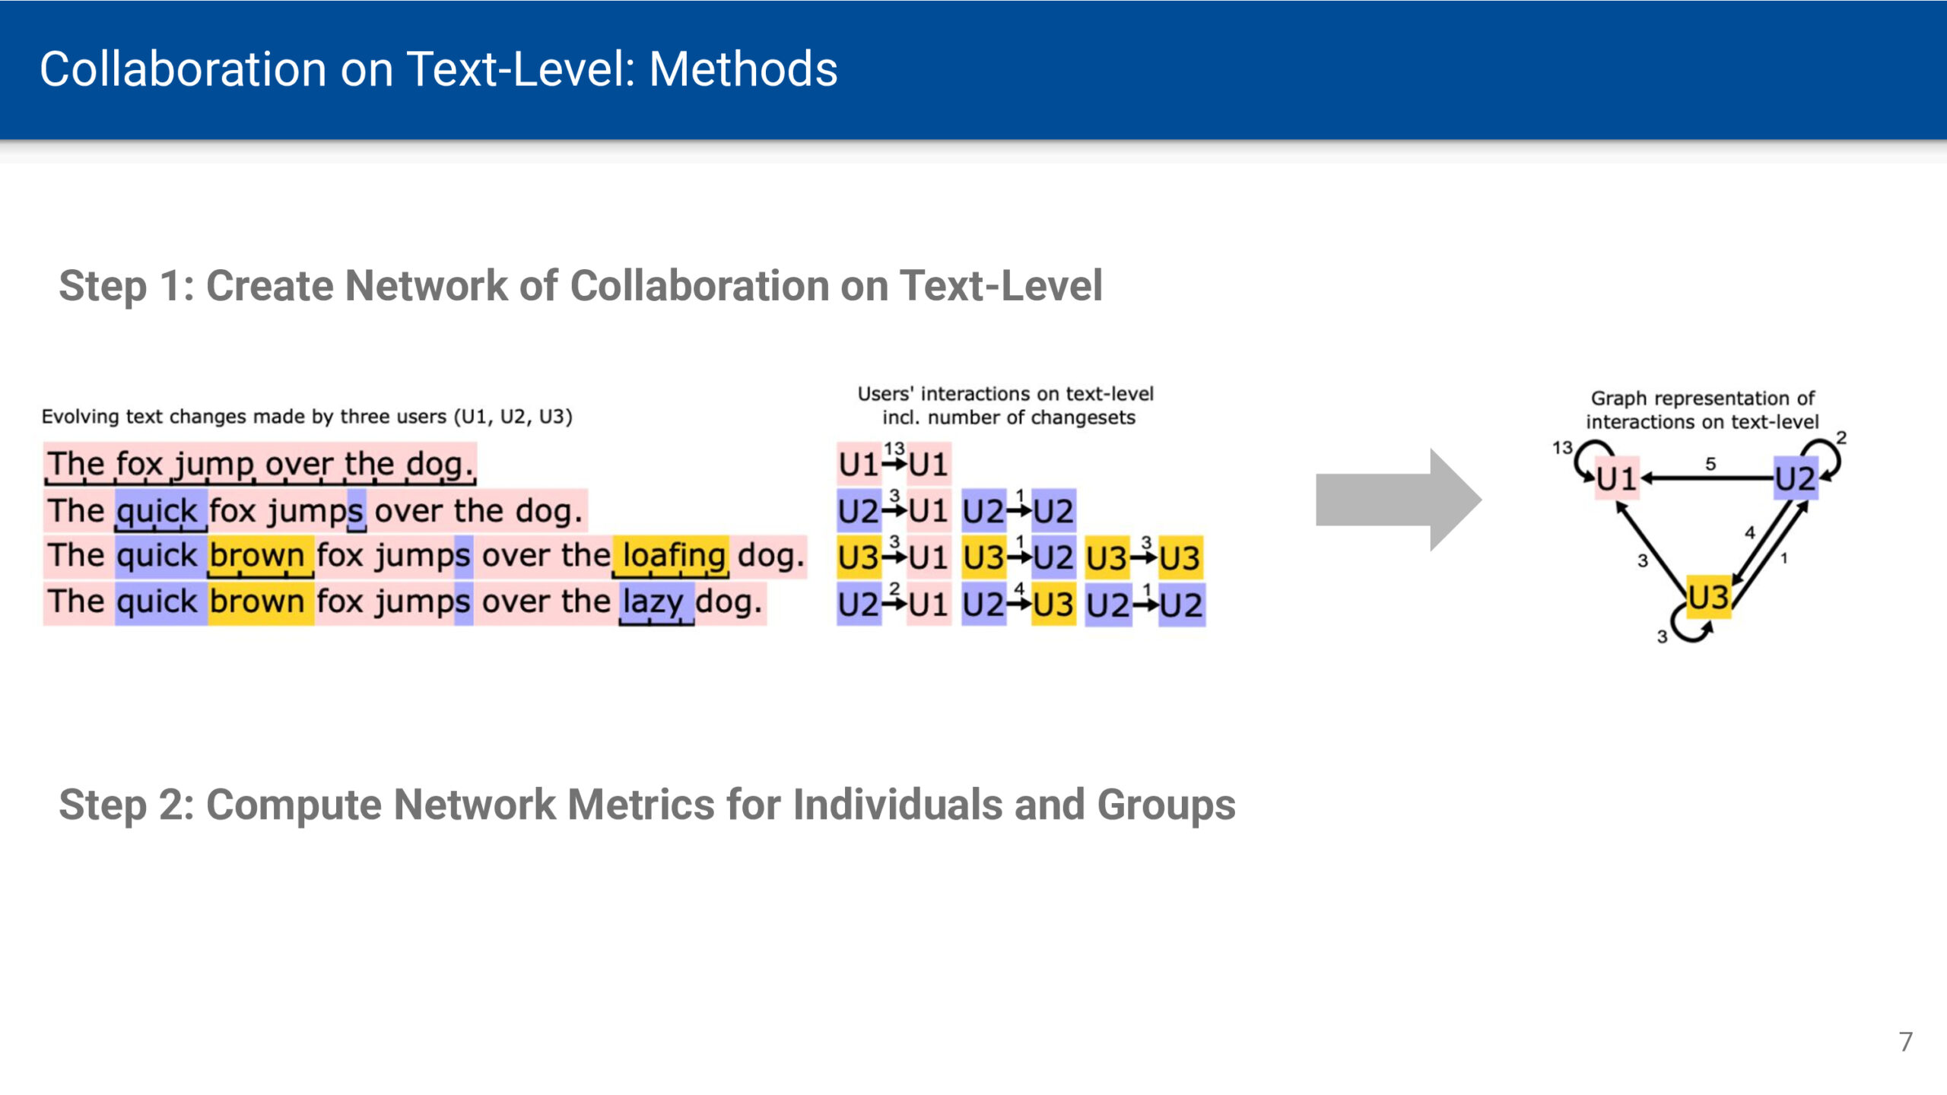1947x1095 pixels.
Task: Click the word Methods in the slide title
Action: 743,69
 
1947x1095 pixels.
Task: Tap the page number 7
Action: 1905,1042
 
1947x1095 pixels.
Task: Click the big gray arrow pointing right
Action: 1398,500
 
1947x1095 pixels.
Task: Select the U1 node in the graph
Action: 1616,478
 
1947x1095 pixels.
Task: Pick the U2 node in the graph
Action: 1796,478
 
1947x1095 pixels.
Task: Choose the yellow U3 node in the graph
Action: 1708,597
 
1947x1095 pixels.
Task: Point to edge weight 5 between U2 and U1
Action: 1710,463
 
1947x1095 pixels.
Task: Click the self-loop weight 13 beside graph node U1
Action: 1562,447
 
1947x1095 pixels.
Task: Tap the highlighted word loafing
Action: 674,556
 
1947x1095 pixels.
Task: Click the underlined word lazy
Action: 653,602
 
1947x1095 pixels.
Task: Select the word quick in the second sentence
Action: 157,511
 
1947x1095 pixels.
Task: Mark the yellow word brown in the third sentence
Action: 257,556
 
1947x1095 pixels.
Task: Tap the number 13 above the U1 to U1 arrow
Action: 894,448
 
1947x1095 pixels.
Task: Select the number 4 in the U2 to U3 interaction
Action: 1019,589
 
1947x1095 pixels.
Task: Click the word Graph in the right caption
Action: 1618,398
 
